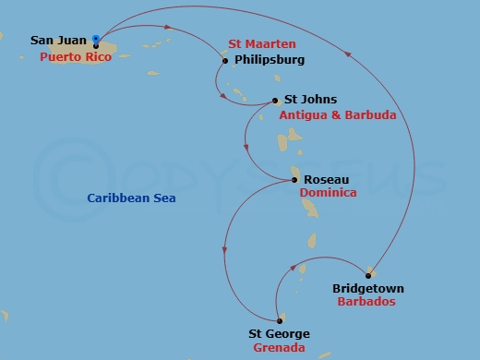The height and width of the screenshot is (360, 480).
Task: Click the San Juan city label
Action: tap(58, 41)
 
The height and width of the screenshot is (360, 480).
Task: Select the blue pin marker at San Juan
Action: tap(96, 39)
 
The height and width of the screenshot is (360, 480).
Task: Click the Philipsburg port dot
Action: tap(225, 62)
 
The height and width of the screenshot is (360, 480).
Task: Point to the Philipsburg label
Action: tap(270, 61)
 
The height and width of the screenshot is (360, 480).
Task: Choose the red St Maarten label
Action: tap(262, 43)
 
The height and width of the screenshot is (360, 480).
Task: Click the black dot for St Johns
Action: tap(276, 101)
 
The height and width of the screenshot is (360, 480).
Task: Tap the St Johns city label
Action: tap(310, 100)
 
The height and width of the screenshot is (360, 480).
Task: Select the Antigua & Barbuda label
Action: tap(337, 115)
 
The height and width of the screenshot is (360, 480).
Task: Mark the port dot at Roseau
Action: tap(294, 181)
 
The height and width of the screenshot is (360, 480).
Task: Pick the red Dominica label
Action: tap(328, 195)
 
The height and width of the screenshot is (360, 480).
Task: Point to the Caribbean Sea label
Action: tap(131, 198)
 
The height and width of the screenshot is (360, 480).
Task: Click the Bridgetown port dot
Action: tap(369, 274)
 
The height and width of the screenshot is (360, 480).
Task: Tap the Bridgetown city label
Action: tap(367, 289)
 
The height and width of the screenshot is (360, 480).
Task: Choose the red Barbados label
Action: tap(366, 302)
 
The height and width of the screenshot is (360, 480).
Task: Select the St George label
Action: tap(279, 334)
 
